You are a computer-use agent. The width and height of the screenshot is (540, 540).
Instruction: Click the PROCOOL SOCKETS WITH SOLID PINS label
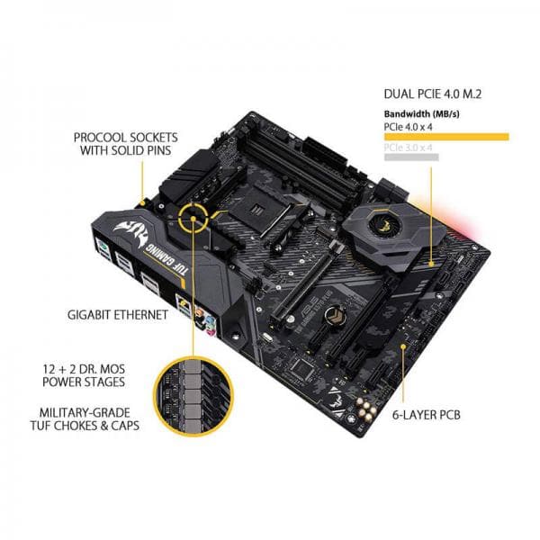click(126, 145)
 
